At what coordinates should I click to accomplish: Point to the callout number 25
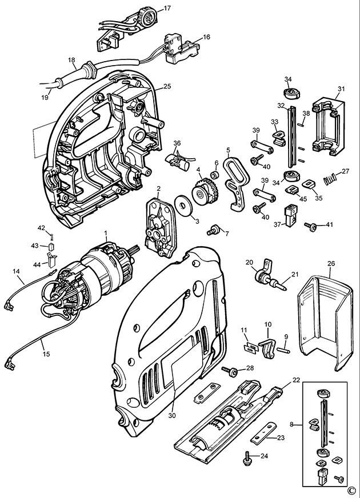click(167, 86)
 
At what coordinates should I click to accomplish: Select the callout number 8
click(291, 424)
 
